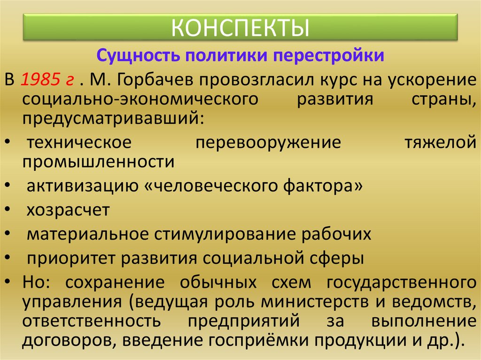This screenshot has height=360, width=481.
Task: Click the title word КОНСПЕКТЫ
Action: (x=240, y=27)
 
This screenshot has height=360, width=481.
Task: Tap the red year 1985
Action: (x=40, y=79)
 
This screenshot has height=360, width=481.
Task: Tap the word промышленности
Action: (x=99, y=161)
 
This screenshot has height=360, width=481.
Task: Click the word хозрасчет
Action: (x=68, y=210)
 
